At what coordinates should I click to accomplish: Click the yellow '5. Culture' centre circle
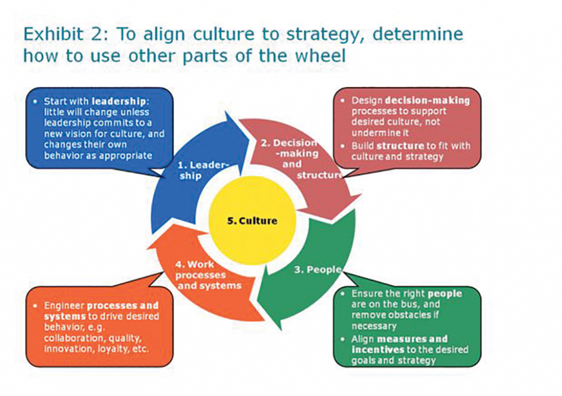[x=252, y=220]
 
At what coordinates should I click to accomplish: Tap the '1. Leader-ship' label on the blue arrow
[x=203, y=171]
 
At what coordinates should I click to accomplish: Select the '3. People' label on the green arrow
[x=318, y=269]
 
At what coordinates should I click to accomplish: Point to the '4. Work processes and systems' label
[x=208, y=275]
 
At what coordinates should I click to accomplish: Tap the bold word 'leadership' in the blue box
[x=119, y=101]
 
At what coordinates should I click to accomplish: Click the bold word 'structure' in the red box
[x=400, y=146]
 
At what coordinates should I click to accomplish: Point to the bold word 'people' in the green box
[x=445, y=294]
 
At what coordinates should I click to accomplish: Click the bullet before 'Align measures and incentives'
[x=344, y=339]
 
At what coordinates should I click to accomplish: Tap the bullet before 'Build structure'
[x=344, y=146]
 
